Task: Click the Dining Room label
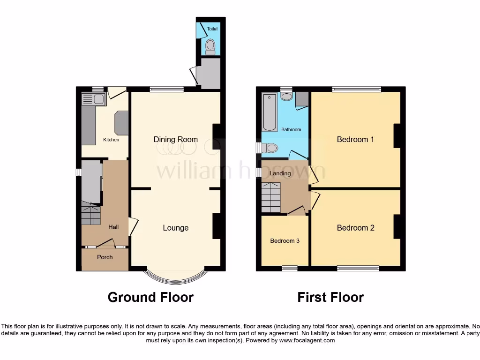pyautogui.click(x=176, y=139)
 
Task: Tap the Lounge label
pyautogui.click(x=175, y=228)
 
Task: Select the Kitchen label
pyautogui.click(x=111, y=140)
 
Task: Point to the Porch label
pyautogui.click(x=105, y=257)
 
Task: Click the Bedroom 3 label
pyautogui.click(x=285, y=241)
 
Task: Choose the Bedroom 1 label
pyautogui.click(x=355, y=139)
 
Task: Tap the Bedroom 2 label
pyautogui.click(x=355, y=228)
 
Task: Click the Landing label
pyautogui.click(x=280, y=173)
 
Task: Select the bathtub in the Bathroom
pyautogui.click(x=270, y=112)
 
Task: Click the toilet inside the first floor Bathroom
pyautogui.click(x=270, y=148)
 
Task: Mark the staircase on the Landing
pyautogui.click(x=270, y=197)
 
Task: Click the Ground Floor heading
pyautogui.click(x=150, y=297)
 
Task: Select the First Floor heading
pyautogui.click(x=330, y=297)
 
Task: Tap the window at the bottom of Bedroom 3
pyautogui.click(x=290, y=268)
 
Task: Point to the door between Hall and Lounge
pyautogui.click(x=133, y=226)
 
